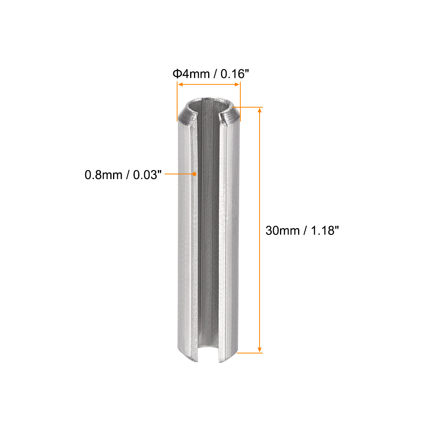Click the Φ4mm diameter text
pos(191,73)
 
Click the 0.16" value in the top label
pos(235,73)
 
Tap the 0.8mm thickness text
pos(103,174)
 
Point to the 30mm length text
pos(282,231)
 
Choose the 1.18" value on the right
pos(324,231)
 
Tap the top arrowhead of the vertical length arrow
pos(259,111)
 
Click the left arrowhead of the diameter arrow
pos(180,84)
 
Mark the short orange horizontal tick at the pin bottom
pos(250,353)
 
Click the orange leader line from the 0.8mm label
pos(179,173)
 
